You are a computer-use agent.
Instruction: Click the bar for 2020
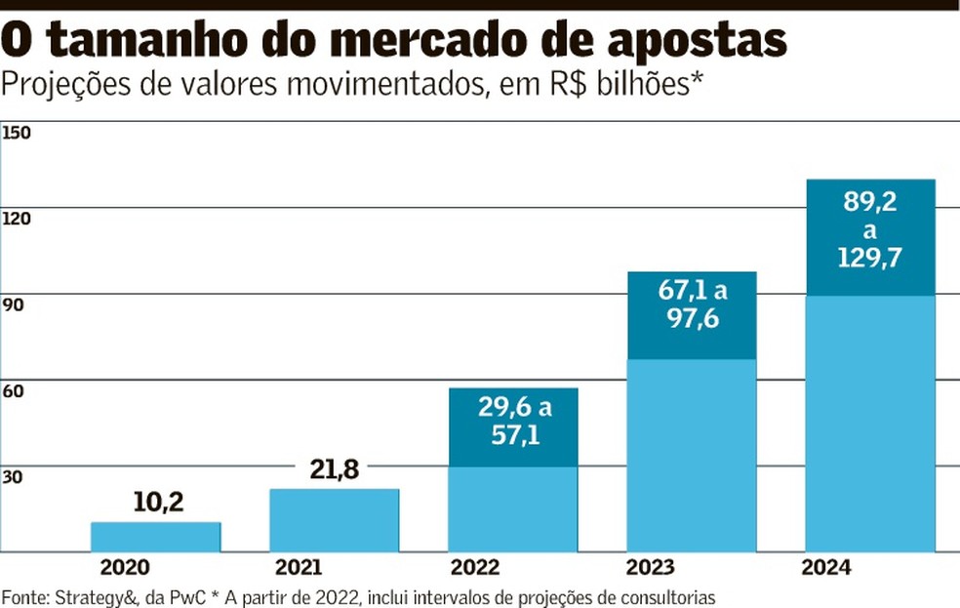coord(155,537)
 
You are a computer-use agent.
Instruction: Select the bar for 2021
coord(334,520)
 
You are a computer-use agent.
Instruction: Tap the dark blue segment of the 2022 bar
coord(513,427)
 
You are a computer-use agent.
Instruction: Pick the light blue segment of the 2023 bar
coord(691,455)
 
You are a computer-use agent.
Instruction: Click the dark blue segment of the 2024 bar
coord(870,237)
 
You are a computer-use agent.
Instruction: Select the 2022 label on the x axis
coord(474,567)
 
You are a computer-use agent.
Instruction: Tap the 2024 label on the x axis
coord(825,567)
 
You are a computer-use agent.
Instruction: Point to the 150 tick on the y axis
coord(19,132)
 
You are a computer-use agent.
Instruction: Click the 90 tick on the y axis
coord(15,304)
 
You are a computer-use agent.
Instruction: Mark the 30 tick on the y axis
coord(15,477)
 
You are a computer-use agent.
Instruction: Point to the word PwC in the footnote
coord(193,596)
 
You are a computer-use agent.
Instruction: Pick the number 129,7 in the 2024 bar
coord(869,259)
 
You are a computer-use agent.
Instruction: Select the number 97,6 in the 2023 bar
coord(691,317)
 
